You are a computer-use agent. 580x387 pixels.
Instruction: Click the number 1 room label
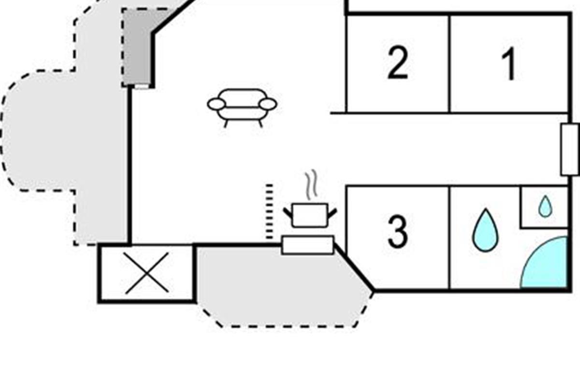(x=509, y=64)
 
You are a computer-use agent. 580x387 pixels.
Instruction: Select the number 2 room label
(x=398, y=62)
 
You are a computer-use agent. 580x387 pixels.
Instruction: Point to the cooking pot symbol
(x=310, y=215)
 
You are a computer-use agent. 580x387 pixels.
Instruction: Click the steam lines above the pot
(x=311, y=185)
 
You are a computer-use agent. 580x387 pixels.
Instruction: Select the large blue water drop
(x=486, y=230)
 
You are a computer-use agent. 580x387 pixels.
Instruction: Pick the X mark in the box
(x=147, y=273)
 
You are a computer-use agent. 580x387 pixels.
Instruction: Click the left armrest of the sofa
(x=217, y=104)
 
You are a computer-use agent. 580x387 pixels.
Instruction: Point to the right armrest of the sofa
(x=268, y=104)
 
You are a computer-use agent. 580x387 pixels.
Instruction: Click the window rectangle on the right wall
(x=570, y=150)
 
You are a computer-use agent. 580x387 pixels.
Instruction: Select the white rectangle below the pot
(x=307, y=245)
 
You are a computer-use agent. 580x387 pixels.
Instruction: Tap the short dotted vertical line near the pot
(x=269, y=211)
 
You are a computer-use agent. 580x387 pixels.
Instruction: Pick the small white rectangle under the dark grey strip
(x=142, y=87)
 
